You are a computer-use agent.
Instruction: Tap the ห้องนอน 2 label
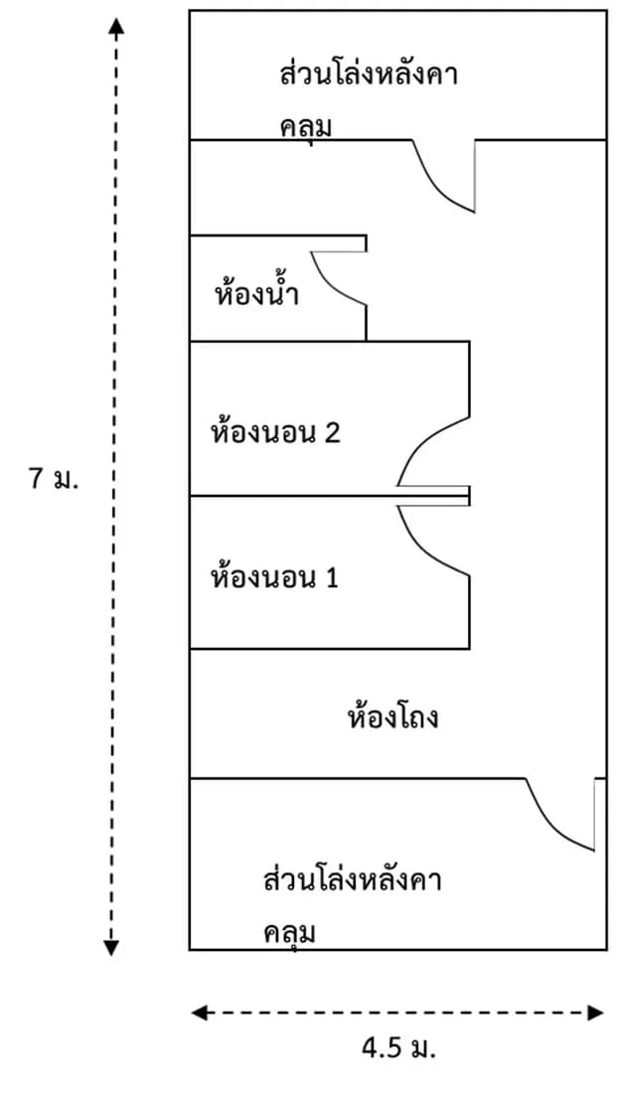[x=275, y=432]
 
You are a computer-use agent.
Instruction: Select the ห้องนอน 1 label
[x=274, y=578]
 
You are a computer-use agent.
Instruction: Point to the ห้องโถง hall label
[x=393, y=717]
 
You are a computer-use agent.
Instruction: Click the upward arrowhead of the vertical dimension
[x=116, y=27]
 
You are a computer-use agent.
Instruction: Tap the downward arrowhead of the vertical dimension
[x=111, y=947]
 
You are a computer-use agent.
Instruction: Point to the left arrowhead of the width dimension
[x=200, y=1013]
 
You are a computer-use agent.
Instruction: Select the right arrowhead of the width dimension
[x=596, y=1013]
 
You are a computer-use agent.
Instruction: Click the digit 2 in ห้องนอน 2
[x=333, y=432]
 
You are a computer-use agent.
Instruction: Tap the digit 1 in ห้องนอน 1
[x=332, y=578]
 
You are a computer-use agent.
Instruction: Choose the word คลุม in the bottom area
[x=289, y=933]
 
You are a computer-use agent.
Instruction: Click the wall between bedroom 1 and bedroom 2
[x=329, y=497]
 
